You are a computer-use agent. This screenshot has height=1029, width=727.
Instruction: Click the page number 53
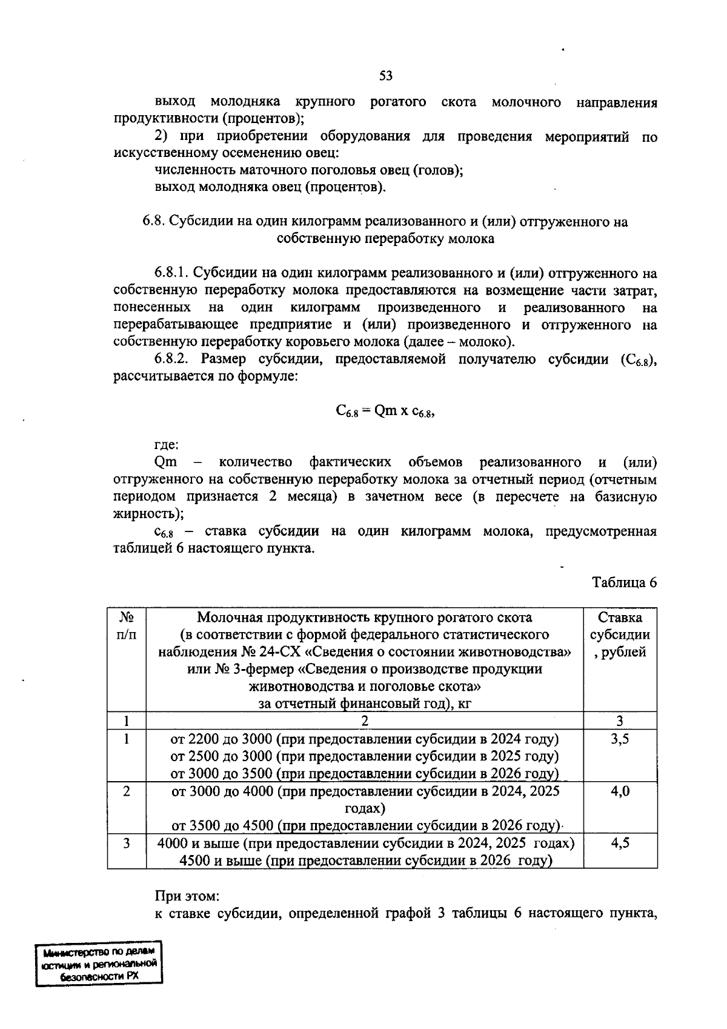click(x=385, y=76)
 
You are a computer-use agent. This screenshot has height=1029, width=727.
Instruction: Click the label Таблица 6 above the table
click(x=624, y=582)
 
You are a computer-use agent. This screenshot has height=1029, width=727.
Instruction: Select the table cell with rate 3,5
click(x=620, y=739)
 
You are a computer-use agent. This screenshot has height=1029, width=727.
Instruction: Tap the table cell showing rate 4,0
click(x=620, y=791)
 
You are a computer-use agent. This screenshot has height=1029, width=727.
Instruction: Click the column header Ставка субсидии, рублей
click(x=620, y=634)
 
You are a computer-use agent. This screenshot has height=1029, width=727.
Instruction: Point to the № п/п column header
click(x=127, y=626)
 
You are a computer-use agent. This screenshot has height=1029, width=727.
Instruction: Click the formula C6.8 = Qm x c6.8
click(x=385, y=411)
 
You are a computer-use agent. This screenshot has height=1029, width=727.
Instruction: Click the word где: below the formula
click(x=167, y=445)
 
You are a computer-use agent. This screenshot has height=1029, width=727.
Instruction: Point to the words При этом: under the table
click(x=187, y=896)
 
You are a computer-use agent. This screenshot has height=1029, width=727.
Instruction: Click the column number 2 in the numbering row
click(x=365, y=721)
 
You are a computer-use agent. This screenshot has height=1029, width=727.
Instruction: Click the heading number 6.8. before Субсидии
click(x=154, y=222)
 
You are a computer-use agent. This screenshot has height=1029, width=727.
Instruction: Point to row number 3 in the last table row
click(x=127, y=844)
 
